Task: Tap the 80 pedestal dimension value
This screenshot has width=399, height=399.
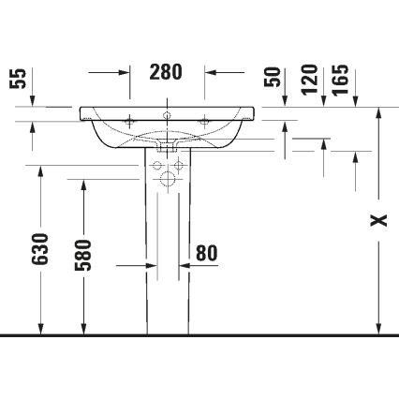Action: click(206, 253)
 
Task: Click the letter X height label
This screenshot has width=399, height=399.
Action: click(377, 221)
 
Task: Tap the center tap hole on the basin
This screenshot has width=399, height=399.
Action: click(167, 117)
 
